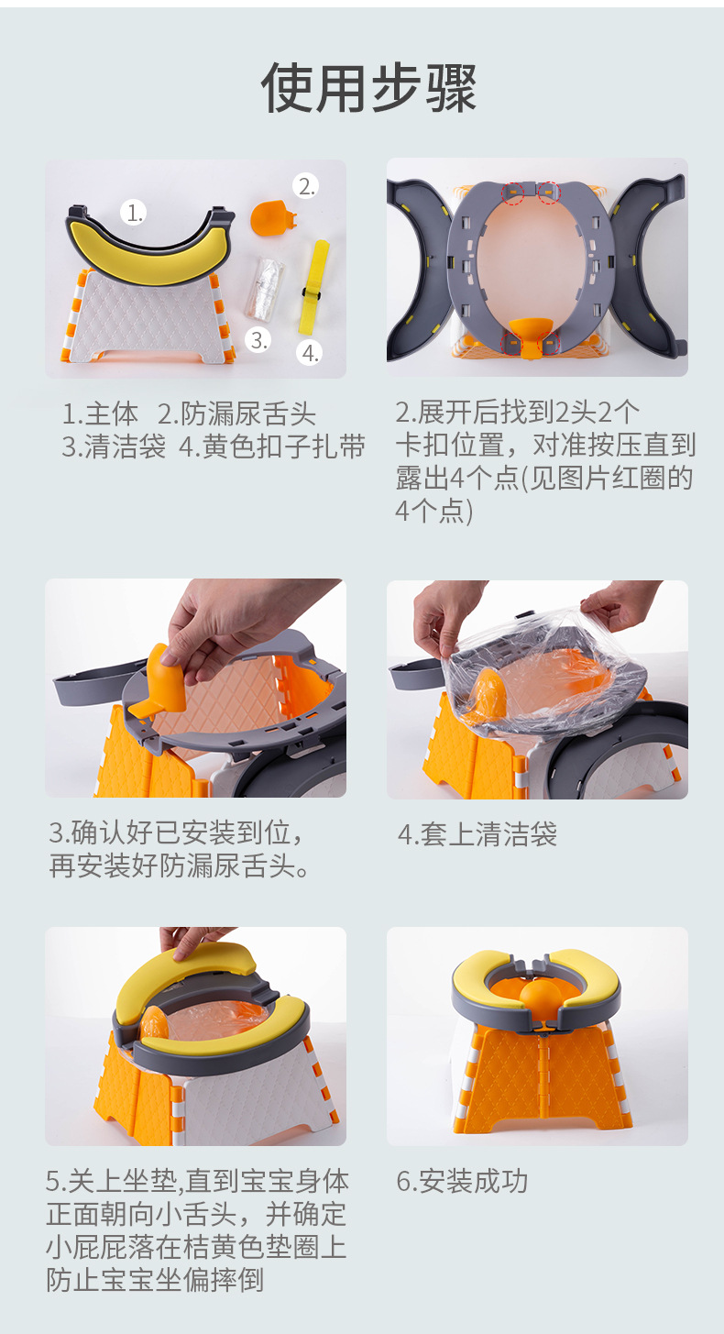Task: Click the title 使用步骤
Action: click(368, 89)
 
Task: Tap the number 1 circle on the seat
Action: click(136, 213)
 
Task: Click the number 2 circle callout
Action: click(306, 186)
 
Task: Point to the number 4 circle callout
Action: click(311, 352)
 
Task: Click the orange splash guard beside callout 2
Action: click(270, 217)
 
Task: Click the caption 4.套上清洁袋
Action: click(477, 834)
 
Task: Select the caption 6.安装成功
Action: click(462, 1181)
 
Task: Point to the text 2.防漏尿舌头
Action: click(236, 414)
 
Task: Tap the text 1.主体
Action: click(100, 414)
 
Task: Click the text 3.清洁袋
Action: click(114, 447)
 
